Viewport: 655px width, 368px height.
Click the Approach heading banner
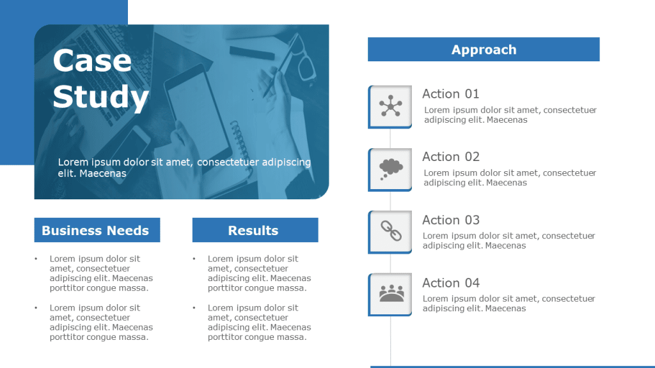coord(484,49)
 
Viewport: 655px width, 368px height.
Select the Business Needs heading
coord(97,230)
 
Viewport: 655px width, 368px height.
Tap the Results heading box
coord(255,230)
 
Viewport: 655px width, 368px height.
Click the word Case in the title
coord(92,61)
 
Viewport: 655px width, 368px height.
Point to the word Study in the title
coord(100,97)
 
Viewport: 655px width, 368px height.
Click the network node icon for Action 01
coord(391,106)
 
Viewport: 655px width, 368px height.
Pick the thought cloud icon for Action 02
coord(391,169)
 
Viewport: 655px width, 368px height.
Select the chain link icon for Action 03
coord(391,231)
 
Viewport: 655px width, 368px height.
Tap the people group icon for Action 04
coord(391,293)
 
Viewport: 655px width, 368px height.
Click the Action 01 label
coord(451,94)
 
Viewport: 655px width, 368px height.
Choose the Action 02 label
coord(451,157)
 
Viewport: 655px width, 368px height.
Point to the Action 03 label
coord(451,220)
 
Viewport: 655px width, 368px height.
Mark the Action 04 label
coord(451,283)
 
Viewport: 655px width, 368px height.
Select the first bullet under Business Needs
coord(101,273)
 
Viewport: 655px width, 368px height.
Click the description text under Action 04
coord(509,303)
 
